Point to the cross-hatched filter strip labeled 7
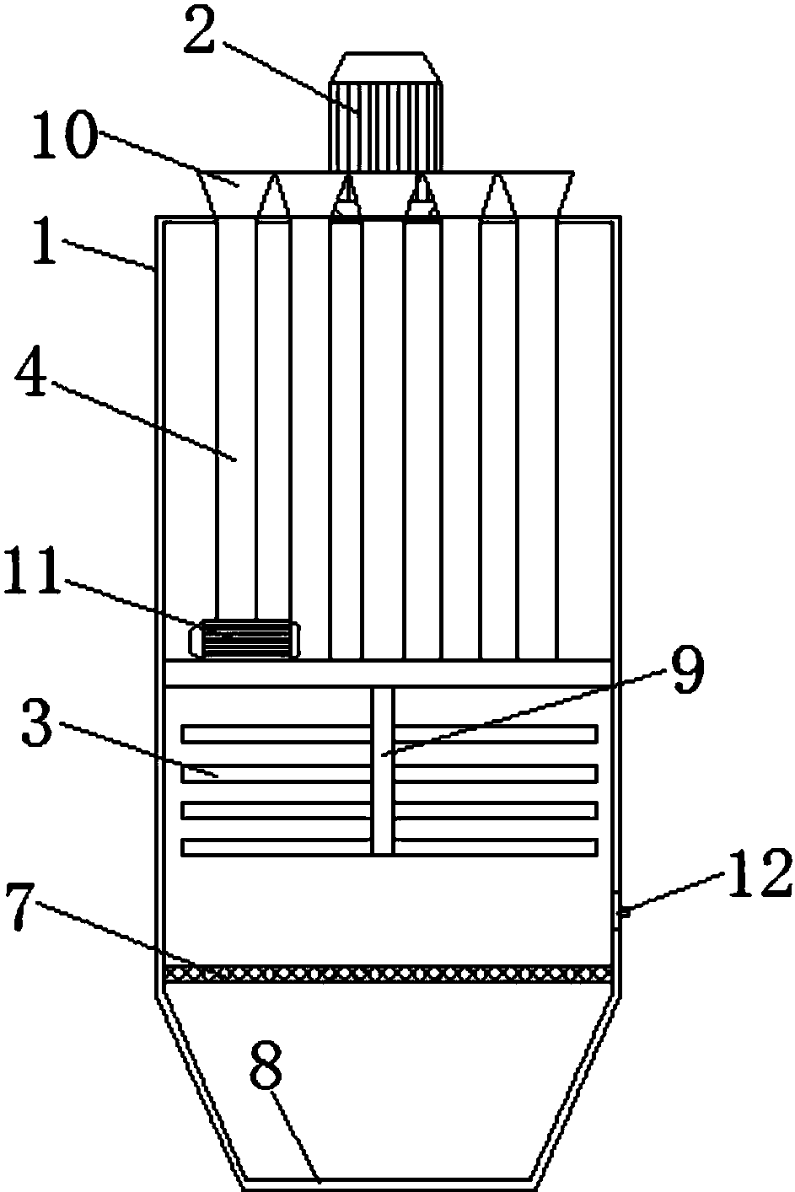[x=388, y=973]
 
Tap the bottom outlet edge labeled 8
[x=388, y=1177]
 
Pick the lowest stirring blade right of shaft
[x=497, y=847]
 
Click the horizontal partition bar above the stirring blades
[x=388, y=672]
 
